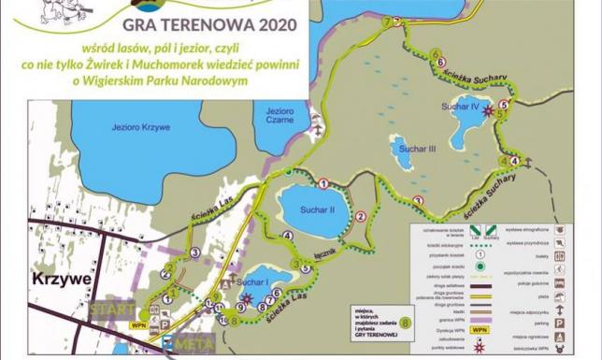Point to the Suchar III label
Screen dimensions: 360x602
(x=417, y=149)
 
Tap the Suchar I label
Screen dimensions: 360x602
(x=253, y=282)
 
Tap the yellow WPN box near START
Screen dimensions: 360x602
(x=138, y=324)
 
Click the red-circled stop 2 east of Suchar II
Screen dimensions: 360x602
(x=360, y=217)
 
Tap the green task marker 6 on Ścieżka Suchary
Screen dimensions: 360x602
(x=439, y=54)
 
